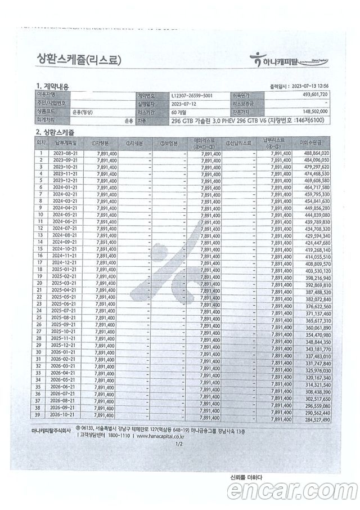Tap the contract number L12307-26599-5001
click(x=192, y=96)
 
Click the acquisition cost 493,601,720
click(x=310, y=96)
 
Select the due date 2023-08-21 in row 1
click(x=65, y=153)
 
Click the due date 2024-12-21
click(x=65, y=263)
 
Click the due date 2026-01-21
click(x=65, y=352)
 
